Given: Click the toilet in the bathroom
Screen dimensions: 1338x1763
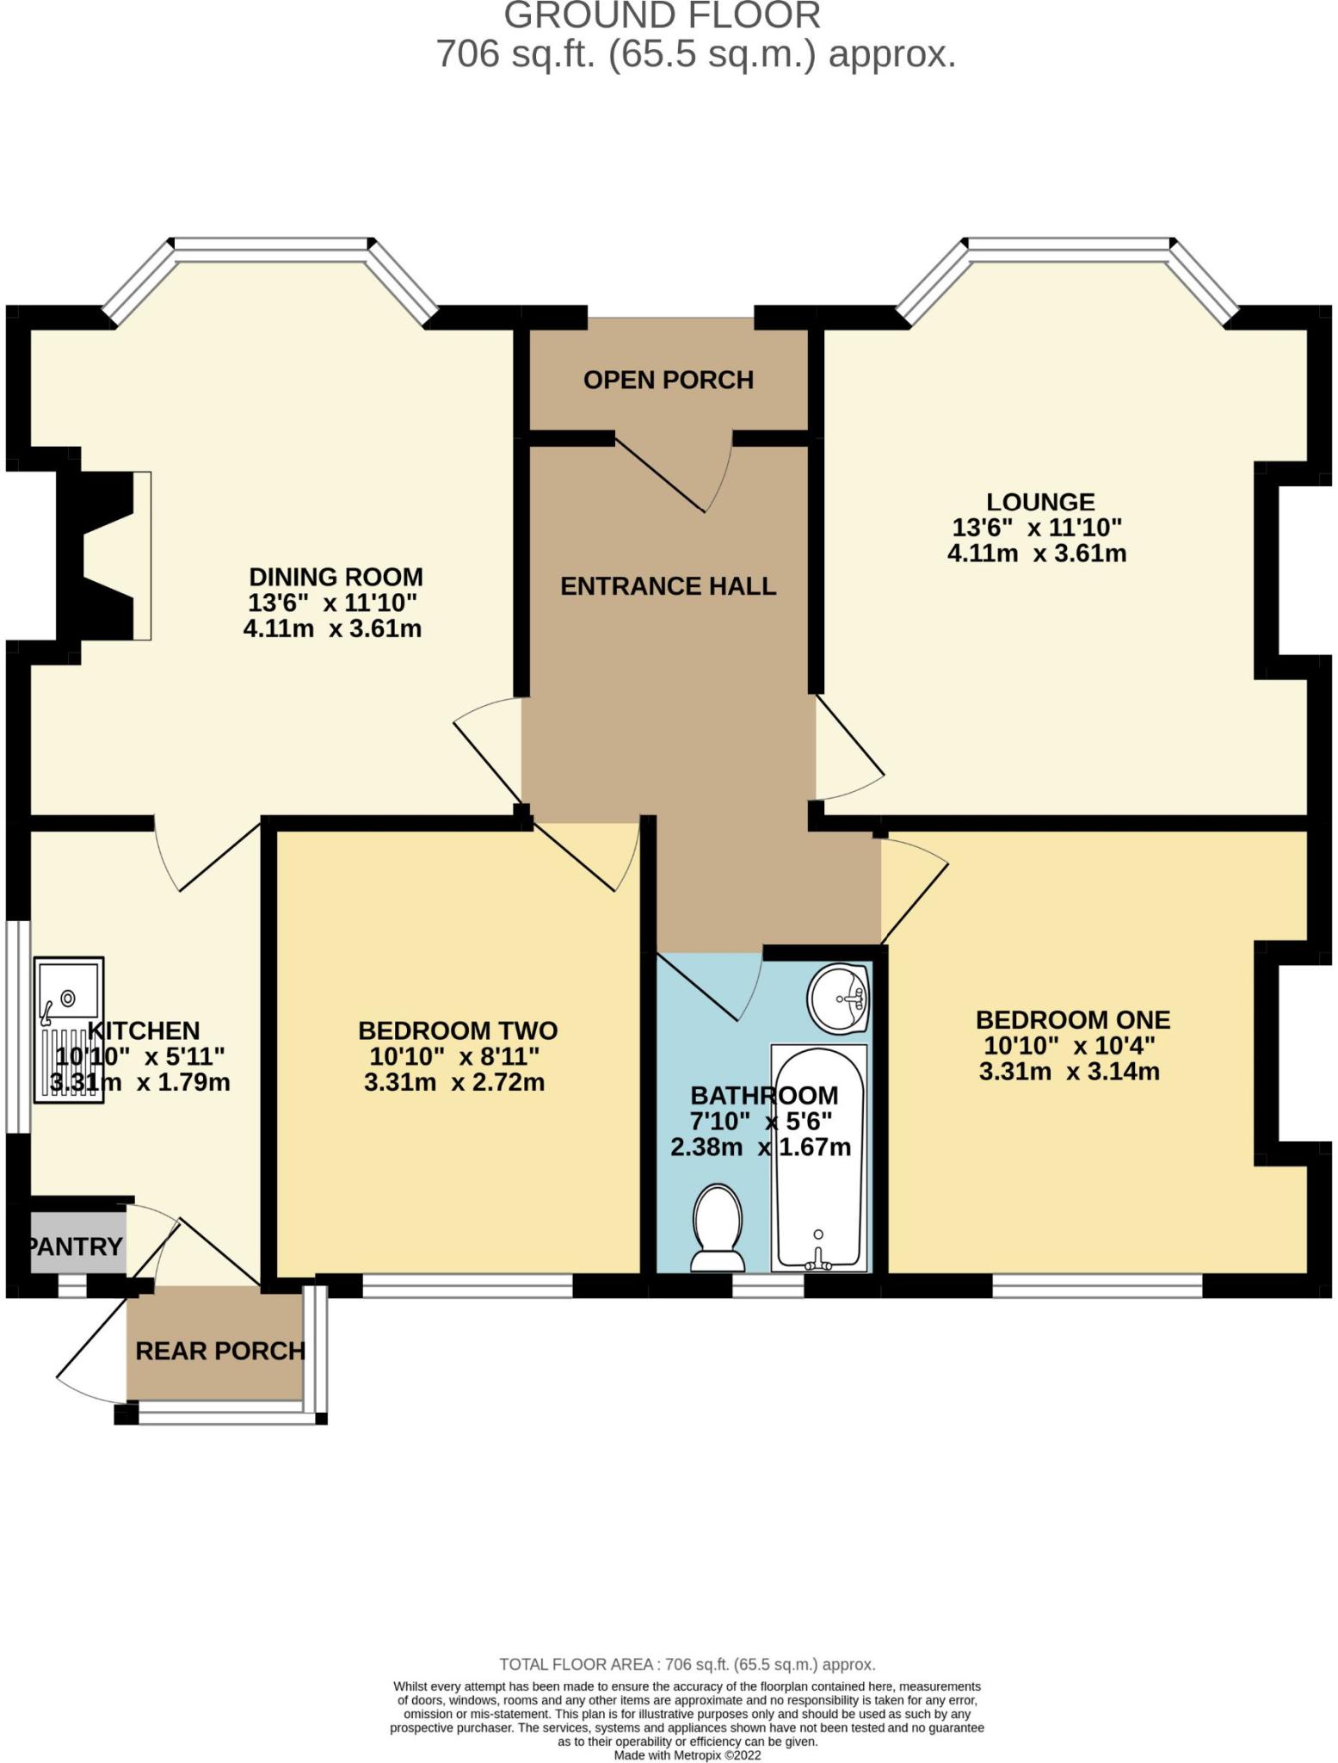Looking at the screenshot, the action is pos(718,1228).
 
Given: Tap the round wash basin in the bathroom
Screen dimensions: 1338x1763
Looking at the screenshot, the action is pos(839,999).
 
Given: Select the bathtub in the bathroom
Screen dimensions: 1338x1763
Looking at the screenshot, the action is pos(818,1158).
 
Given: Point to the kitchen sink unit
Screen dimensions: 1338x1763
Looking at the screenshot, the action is pos(69,1030).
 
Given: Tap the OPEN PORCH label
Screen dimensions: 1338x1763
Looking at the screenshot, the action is pos(669,380).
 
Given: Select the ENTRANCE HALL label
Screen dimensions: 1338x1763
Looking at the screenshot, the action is pos(669,586).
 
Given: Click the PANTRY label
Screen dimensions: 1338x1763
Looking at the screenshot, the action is pos(76,1246).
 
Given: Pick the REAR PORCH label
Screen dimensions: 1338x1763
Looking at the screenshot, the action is pos(220,1351).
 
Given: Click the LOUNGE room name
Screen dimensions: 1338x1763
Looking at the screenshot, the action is pos(1040,502).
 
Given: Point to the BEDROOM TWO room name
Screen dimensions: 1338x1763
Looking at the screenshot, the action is pos(458,1030).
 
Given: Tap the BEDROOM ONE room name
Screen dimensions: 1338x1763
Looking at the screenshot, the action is pos(1073,1020).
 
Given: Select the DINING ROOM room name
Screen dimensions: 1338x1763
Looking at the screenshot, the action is pos(336,577).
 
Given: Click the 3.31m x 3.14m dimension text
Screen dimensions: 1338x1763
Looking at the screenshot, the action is pos(1070,1072).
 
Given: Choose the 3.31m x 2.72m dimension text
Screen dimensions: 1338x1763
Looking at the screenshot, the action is pos(454,1082).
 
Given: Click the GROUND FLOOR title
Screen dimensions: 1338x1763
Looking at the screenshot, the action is pos(663,16).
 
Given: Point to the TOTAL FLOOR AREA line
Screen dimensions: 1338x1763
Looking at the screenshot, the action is pos(687,1664).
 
